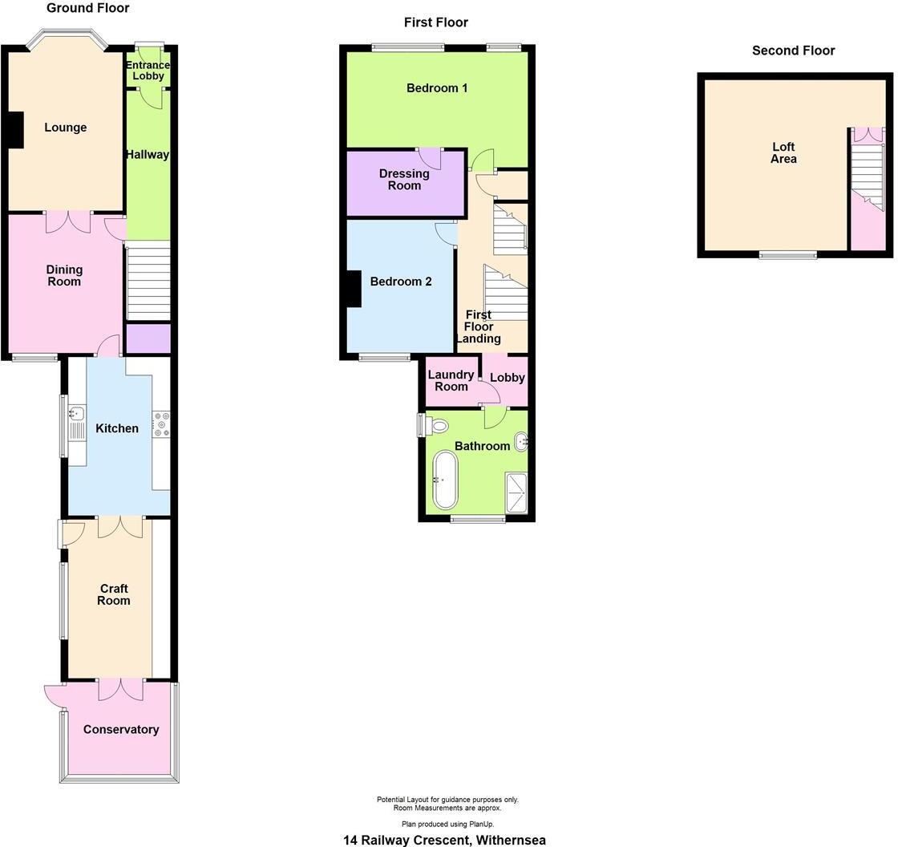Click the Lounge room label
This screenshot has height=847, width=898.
[65, 128]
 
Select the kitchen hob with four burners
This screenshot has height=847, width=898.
[161, 424]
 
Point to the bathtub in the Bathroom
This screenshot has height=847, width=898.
[444, 480]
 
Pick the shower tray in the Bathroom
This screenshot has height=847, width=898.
[516, 492]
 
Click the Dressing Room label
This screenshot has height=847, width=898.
[404, 180]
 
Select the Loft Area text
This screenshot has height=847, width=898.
[783, 153]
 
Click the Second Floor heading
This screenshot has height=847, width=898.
[793, 51]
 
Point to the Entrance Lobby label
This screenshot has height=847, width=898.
[148, 71]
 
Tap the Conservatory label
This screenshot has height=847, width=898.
[121, 729]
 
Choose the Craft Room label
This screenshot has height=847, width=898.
[114, 594]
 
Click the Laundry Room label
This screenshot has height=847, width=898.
[451, 381]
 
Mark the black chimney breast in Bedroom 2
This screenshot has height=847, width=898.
[353, 289]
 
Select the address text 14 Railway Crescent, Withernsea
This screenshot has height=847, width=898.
[444, 840]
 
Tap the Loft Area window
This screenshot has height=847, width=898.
[788, 255]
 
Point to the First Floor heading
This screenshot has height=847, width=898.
[435, 22]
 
